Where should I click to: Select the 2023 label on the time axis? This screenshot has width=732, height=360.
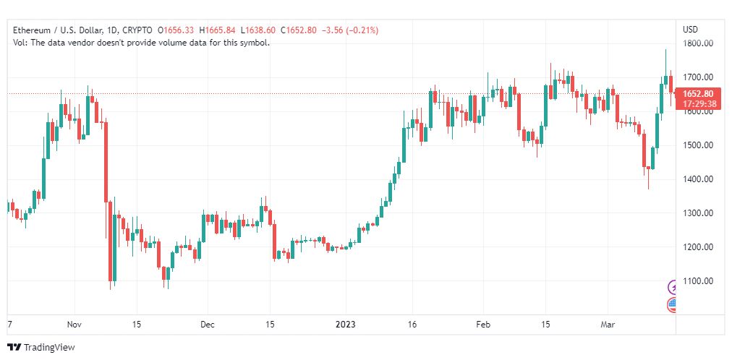pyautogui.click(x=346, y=325)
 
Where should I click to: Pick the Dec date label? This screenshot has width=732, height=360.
pyautogui.click(x=207, y=325)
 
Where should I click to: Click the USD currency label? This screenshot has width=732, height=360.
pyautogui.click(x=691, y=30)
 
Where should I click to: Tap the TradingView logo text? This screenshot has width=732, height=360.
pyautogui.click(x=49, y=348)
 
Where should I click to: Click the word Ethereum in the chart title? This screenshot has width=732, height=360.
pyautogui.click(x=31, y=30)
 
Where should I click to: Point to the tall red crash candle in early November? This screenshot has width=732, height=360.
pyautogui.click(x=106, y=162)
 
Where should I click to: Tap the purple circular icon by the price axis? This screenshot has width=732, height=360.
pyautogui.click(x=673, y=286)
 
